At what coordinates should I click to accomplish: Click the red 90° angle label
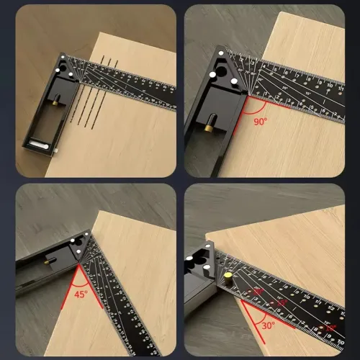[260, 121]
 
